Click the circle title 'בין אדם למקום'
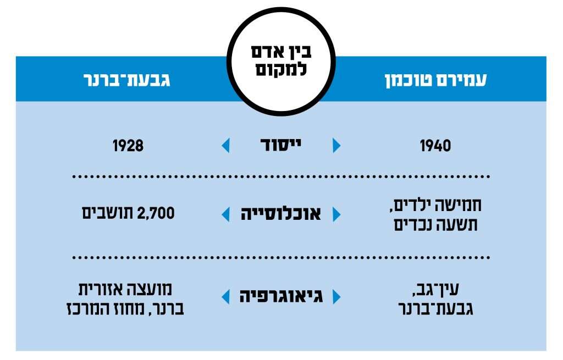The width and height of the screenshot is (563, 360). (x=281, y=60)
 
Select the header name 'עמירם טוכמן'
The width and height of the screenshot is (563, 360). (x=435, y=80)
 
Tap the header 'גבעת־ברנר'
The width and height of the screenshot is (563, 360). (x=127, y=80)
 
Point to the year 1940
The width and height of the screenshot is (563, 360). (x=435, y=146)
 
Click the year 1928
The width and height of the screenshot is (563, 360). (x=128, y=146)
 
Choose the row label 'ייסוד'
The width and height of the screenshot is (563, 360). (x=281, y=145)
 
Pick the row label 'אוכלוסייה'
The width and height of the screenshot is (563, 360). (x=281, y=214)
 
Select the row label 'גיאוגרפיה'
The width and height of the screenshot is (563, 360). (x=281, y=296)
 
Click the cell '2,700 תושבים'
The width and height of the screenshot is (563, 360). (x=128, y=213)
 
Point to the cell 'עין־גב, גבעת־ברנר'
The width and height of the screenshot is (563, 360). (x=435, y=298)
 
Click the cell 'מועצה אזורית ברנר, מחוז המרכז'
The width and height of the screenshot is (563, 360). (x=125, y=298)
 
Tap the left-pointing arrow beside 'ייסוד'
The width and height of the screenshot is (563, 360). (x=225, y=146)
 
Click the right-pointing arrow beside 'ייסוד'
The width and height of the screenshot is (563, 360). (x=336, y=146)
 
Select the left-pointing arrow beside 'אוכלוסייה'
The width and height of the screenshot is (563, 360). (x=225, y=214)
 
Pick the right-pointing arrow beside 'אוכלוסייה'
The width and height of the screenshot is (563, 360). (x=336, y=214)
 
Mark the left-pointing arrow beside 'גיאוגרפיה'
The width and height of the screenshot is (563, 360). (x=225, y=297)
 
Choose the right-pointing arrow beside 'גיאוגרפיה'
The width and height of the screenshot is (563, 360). (x=336, y=297)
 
